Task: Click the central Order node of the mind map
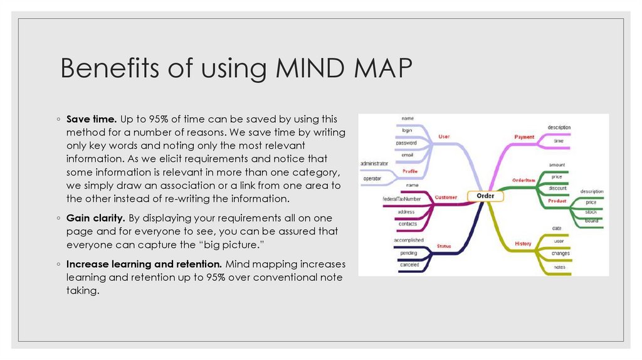pyautogui.click(x=485, y=196)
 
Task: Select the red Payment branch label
pyautogui.click(x=524, y=137)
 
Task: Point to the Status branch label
pyautogui.click(x=444, y=246)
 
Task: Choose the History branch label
pyautogui.click(x=523, y=243)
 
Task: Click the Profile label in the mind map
pyautogui.click(x=410, y=171)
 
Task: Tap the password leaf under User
pyautogui.click(x=406, y=142)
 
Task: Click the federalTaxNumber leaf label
pyautogui.click(x=406, y=199)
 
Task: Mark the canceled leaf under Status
pyautogui.click(x=409, y=265)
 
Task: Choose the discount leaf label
pyautogui.click(x=557, y=188)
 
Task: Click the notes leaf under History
pyautogui.click(x=559, y=267)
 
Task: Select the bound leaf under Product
pyautogui.click(x=591, y=220)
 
